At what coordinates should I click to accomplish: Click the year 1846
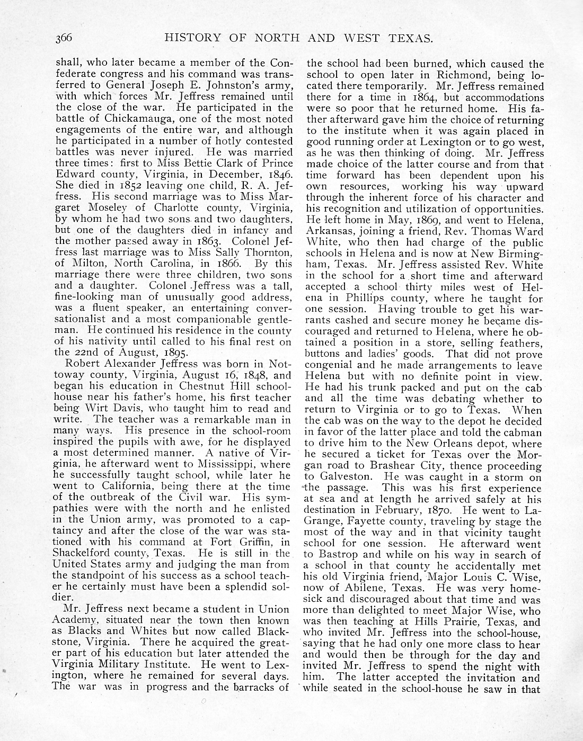point(276,174)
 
